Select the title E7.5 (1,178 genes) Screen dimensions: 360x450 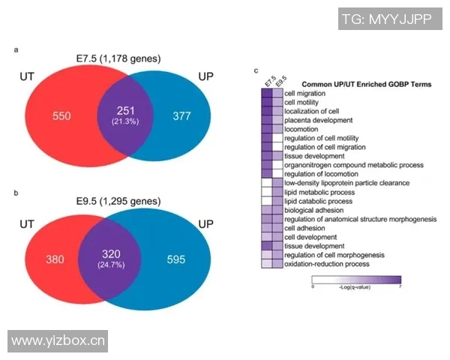[x=118, y=58]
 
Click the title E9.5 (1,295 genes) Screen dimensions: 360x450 [x=118, y=202]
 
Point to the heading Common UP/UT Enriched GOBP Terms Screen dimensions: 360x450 [x=351, y=84]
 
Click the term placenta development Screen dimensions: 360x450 [x=318, y=120]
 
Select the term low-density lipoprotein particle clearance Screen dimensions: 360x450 [x=336, y=183]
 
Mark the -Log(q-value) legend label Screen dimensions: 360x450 [x=356, y=286]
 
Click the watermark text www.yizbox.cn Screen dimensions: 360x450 [x=58, y=340]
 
